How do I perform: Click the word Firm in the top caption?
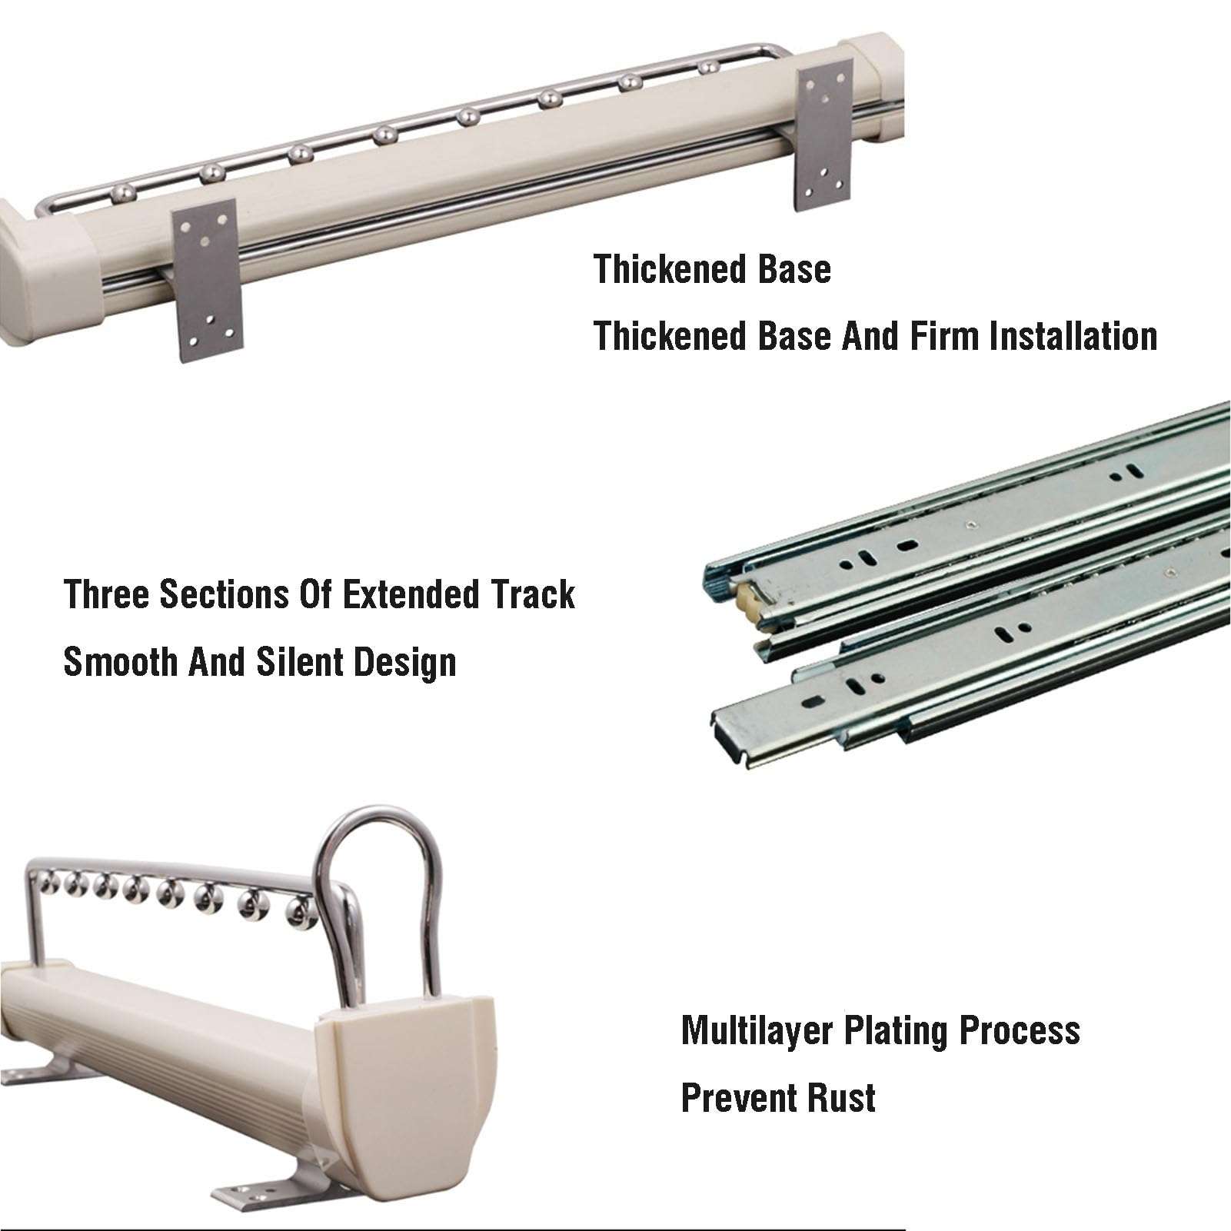click(x=944, y=336)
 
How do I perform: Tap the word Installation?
click(x=1073, y=336)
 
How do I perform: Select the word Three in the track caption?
click(x=107, y=594)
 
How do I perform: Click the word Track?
click(x=532, y=594)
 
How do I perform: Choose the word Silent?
click(x=299, y=661)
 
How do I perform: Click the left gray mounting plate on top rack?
click(x=207, y=281)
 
